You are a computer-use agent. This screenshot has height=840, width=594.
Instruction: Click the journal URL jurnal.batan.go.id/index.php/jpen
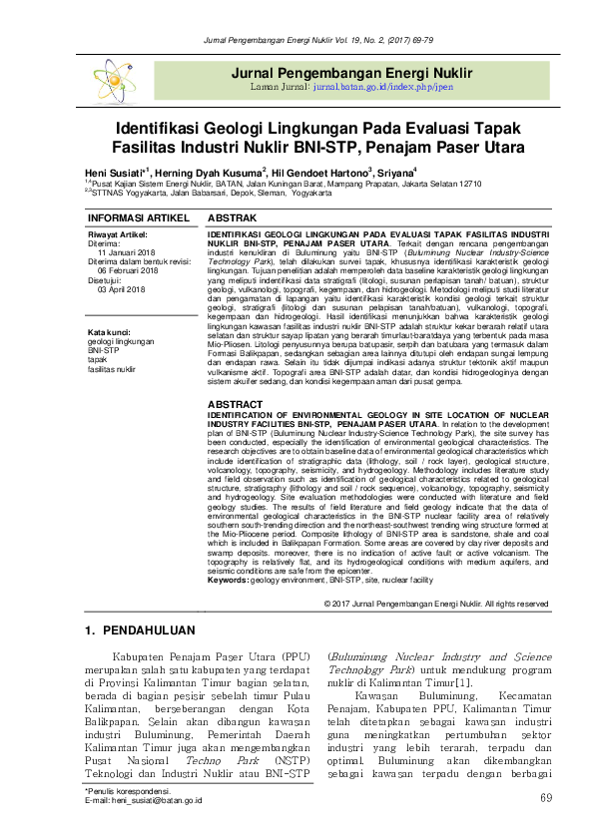click(x=382, y=87)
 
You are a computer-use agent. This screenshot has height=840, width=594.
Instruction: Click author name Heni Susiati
click(x=114, y=172)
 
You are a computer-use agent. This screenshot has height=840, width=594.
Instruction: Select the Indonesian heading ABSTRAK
click(x=231, y=216)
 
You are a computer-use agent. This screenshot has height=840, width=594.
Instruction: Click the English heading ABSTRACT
click(x=235, y=405)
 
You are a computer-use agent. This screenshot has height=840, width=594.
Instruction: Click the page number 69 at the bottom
click(x=545, y=799)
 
